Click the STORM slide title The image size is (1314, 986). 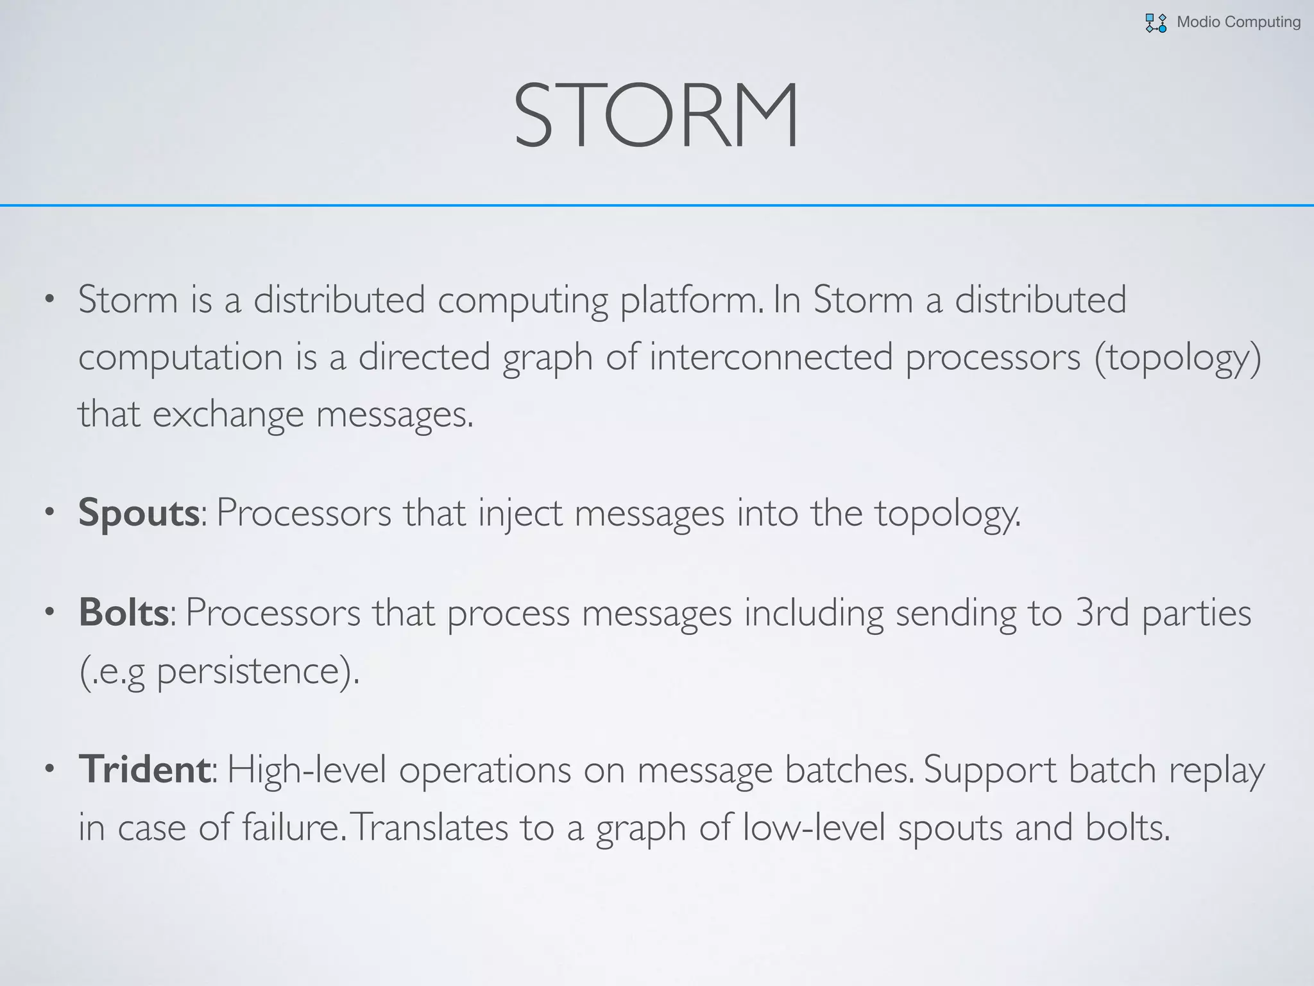click(x=656, y=116)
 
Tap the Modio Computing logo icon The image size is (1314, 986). click(x=1156, y=23)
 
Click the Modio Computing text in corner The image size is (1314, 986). click(x=1238, y=22)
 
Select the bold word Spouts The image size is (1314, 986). click(x=139, y=513)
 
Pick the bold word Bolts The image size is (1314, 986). click(x=124, y=612)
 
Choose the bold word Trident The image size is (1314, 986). click(x=144, y=769)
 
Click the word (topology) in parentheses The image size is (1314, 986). click(x=1178, y=358)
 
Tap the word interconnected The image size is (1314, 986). click(x=771, y=357)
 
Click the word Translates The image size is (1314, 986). click(x=429, y=827)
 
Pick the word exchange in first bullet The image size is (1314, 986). click(x=228, y=415)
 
